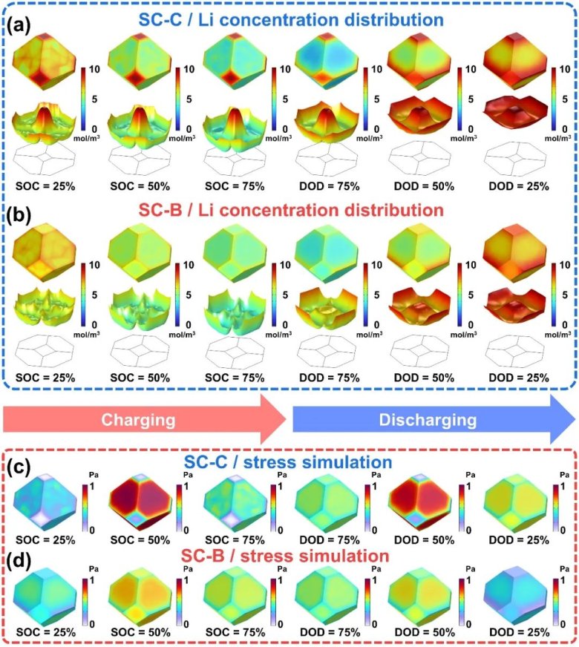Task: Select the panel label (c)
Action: (19, 468)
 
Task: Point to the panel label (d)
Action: (19, 554)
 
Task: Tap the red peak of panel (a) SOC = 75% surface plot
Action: (233, 111)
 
